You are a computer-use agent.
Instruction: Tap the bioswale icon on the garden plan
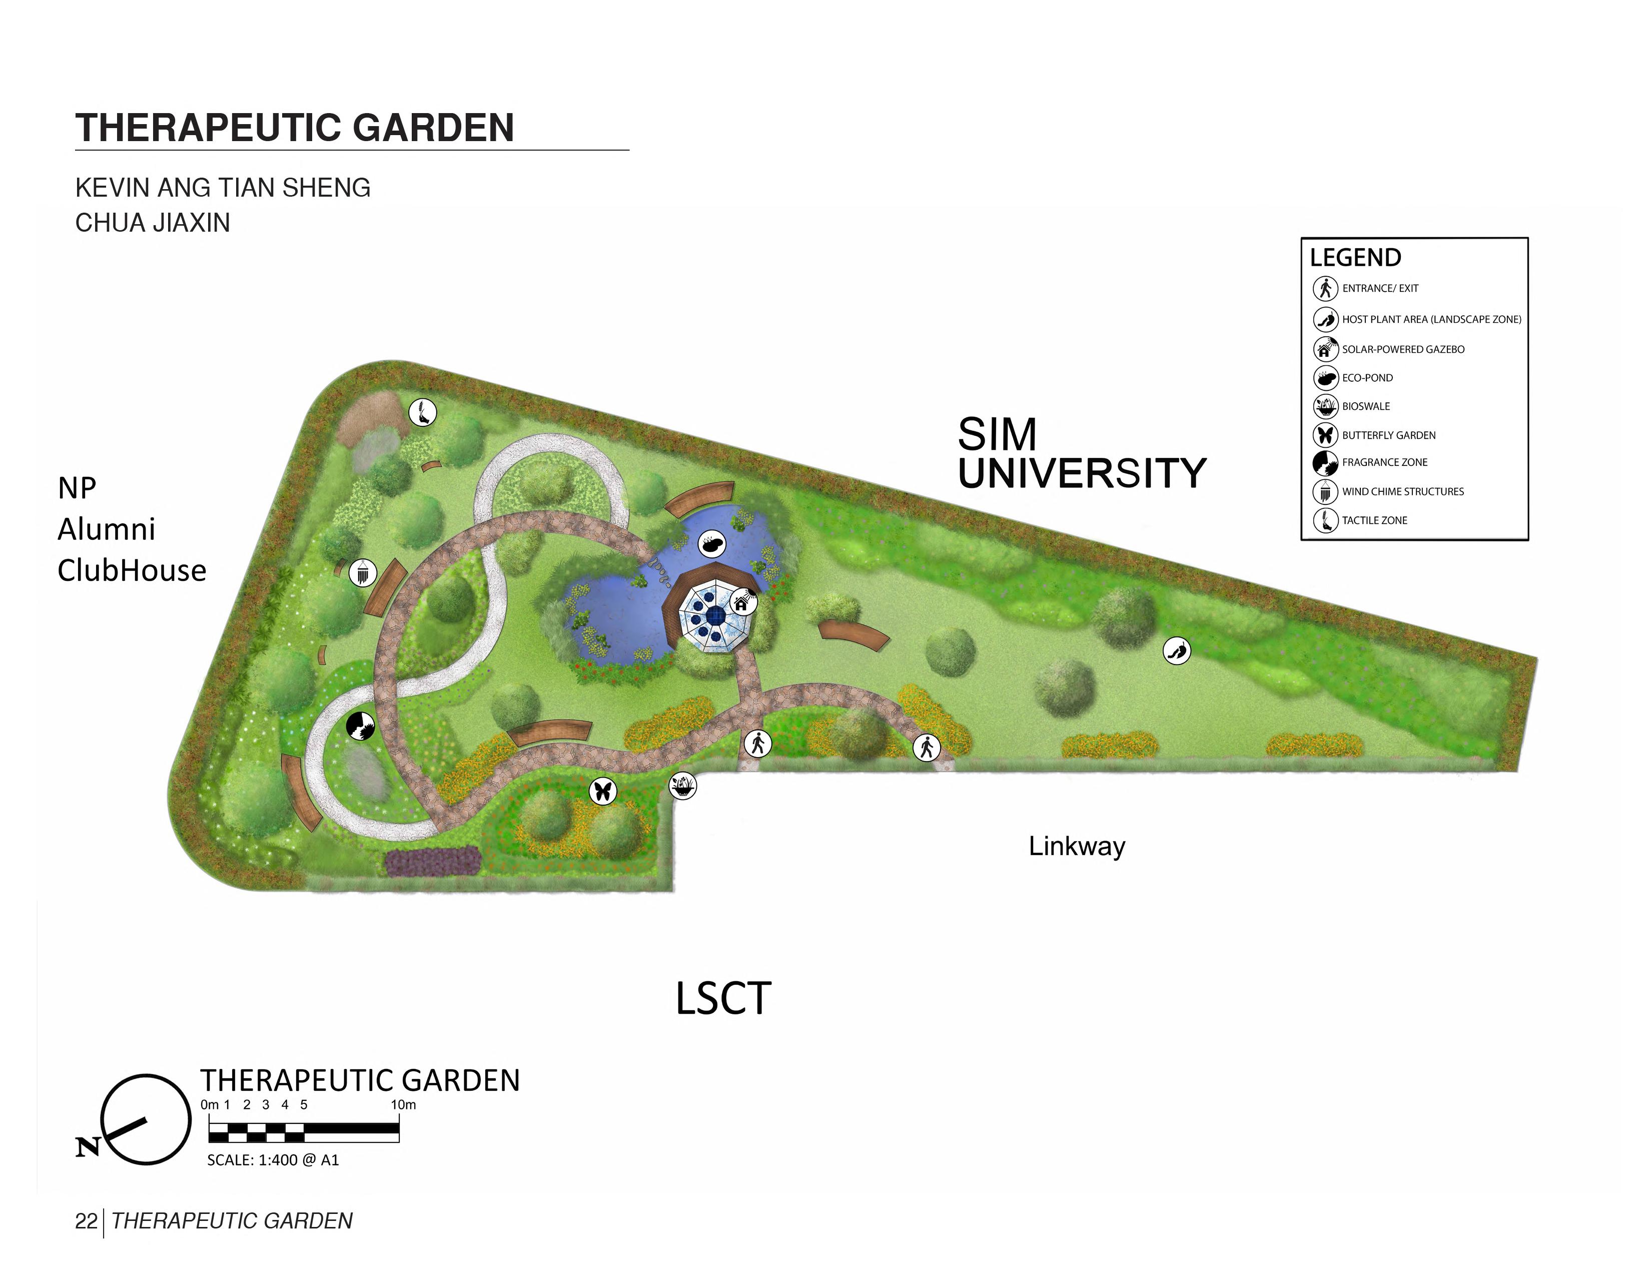click(x=682, y=786)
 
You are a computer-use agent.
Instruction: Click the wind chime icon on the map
click(x=363, y=572)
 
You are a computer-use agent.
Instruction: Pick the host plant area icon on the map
click(x=1176, y=650)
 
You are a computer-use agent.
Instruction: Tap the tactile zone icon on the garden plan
click(x=423, y=412)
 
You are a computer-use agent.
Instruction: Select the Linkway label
click(x=1077, y=846)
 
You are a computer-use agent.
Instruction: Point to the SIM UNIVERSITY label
click(x=1081, y=453)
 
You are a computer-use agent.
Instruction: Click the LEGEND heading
click(x=1355, y=258)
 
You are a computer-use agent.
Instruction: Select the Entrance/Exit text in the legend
click(x=1380, y=288)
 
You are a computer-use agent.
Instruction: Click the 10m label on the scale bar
click(x=403, y=1104)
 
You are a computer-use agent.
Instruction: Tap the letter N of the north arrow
click(x=88, y=1147)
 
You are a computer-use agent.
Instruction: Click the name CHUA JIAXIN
click(x=153, y=223)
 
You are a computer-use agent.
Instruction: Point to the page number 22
click(x=86, y=1221)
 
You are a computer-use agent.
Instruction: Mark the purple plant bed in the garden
click(x=432, y=860)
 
